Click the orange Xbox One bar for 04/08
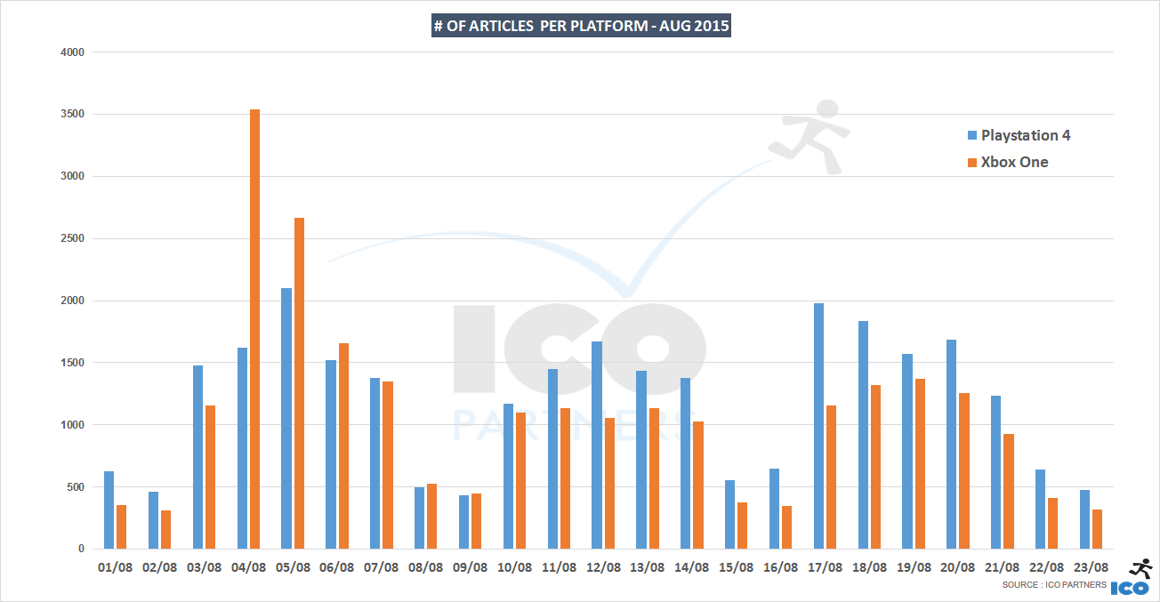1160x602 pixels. [255, 329]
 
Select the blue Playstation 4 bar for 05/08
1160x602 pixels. [286, 418]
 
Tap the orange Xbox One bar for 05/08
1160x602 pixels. [299, 383]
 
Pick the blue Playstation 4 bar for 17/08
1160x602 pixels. [818, 426]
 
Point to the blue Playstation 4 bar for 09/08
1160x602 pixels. [464, 522]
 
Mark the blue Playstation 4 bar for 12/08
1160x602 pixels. [597, 445]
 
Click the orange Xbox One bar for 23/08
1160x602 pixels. [1097, 529]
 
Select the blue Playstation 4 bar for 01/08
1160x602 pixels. [109, 510]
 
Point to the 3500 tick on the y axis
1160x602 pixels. [72, 114]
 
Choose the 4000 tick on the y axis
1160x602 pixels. [72, 52]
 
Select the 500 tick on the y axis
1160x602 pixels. [75, 487]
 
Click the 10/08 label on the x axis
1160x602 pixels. [514, 567]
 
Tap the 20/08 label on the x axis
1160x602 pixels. [957, 567]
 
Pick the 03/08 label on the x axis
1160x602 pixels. [204, 567]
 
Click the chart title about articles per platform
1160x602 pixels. [581, 26]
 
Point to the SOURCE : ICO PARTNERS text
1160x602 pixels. [1054, 584]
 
